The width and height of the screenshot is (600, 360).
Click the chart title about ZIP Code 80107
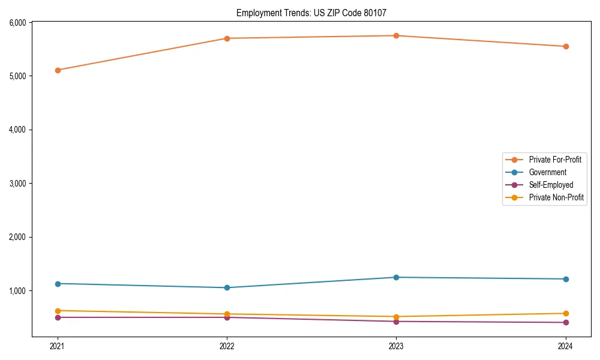tap(316, 13)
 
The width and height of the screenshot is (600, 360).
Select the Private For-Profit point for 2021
tap(58, 70)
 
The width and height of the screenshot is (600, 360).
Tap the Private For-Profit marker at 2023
tap(396, 35)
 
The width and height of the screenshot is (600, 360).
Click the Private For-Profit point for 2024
tap(566, 46)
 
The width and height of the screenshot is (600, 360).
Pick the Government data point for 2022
tap(227, 287)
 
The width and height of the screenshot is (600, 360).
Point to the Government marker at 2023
tap(396, 277)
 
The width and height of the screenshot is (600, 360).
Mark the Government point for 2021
tap(58, 284)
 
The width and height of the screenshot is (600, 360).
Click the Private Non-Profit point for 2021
tap(58, 311)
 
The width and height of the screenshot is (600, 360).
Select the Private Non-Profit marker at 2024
tap(566, 313)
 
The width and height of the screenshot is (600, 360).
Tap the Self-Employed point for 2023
tap(396, 322)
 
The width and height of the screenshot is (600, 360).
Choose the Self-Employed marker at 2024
tap(566, 323)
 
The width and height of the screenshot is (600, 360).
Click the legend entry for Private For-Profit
tap(554, 160)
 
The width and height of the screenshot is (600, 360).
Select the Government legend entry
tap(547, 172)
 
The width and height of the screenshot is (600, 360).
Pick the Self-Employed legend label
tap(551, 185)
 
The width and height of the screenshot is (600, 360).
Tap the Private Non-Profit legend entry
tap(556, 197)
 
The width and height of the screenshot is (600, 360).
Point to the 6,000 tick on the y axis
tap(17, 23)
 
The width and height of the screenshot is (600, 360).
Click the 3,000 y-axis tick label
tap(17, 184)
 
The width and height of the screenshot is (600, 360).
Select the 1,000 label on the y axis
tap(17, 291)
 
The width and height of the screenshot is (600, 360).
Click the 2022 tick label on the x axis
tap(227, 346)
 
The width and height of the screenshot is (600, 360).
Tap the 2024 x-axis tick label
tap(566, 346)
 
